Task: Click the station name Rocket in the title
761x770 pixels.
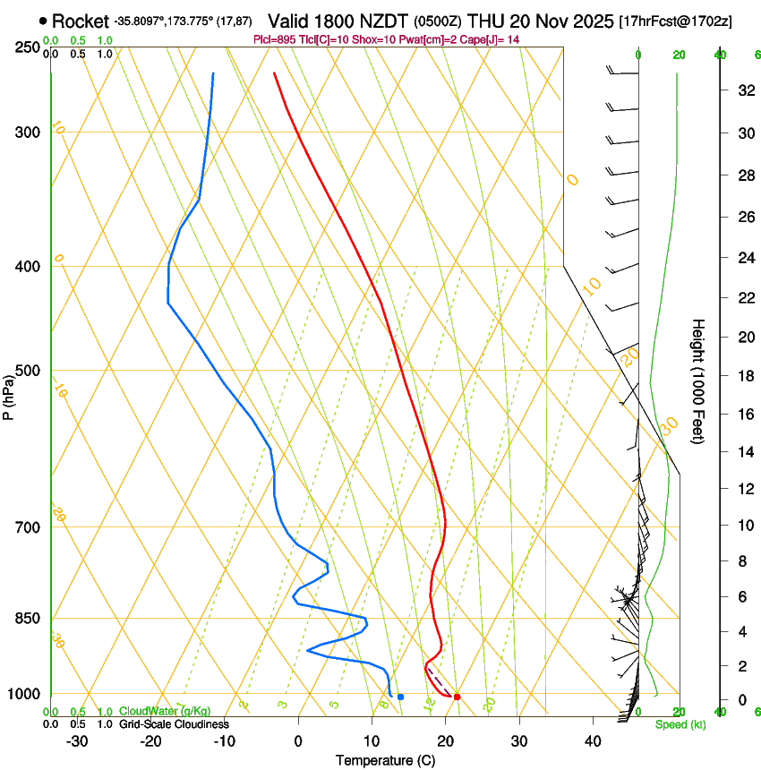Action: click(80, 21)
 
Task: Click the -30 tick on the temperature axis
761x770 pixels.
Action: click(77, 741)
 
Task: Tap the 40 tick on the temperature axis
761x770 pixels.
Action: click(593, 741)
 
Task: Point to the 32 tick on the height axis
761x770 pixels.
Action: click(743, 90)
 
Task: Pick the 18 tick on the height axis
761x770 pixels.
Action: click(743, 376)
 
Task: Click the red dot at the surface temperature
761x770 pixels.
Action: click(457, 697)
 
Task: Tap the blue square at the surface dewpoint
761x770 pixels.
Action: click(400, 697)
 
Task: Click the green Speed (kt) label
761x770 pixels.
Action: click(680, 724)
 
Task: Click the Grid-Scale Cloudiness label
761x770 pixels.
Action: click(174, 724)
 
